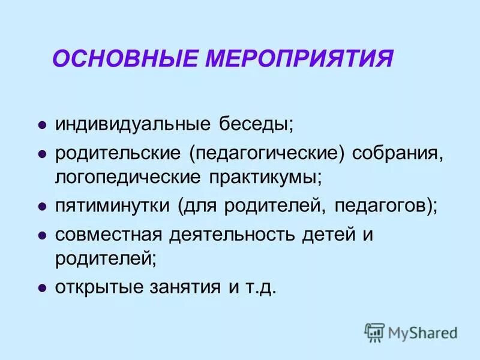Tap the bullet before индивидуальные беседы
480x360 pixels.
(x=42, y=125)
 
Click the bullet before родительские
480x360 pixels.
(x=42, y=154)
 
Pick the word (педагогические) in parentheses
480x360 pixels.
(x=267, y=154)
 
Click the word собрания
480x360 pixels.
(x=397, y=154)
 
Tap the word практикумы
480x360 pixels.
(x=266, y=178)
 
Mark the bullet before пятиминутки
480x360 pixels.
(x=42, y=206)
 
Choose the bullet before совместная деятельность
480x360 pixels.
(x=42, y=235)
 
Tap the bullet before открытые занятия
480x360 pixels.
(x=42, y=288)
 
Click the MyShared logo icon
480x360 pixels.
(x=375, y=332)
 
